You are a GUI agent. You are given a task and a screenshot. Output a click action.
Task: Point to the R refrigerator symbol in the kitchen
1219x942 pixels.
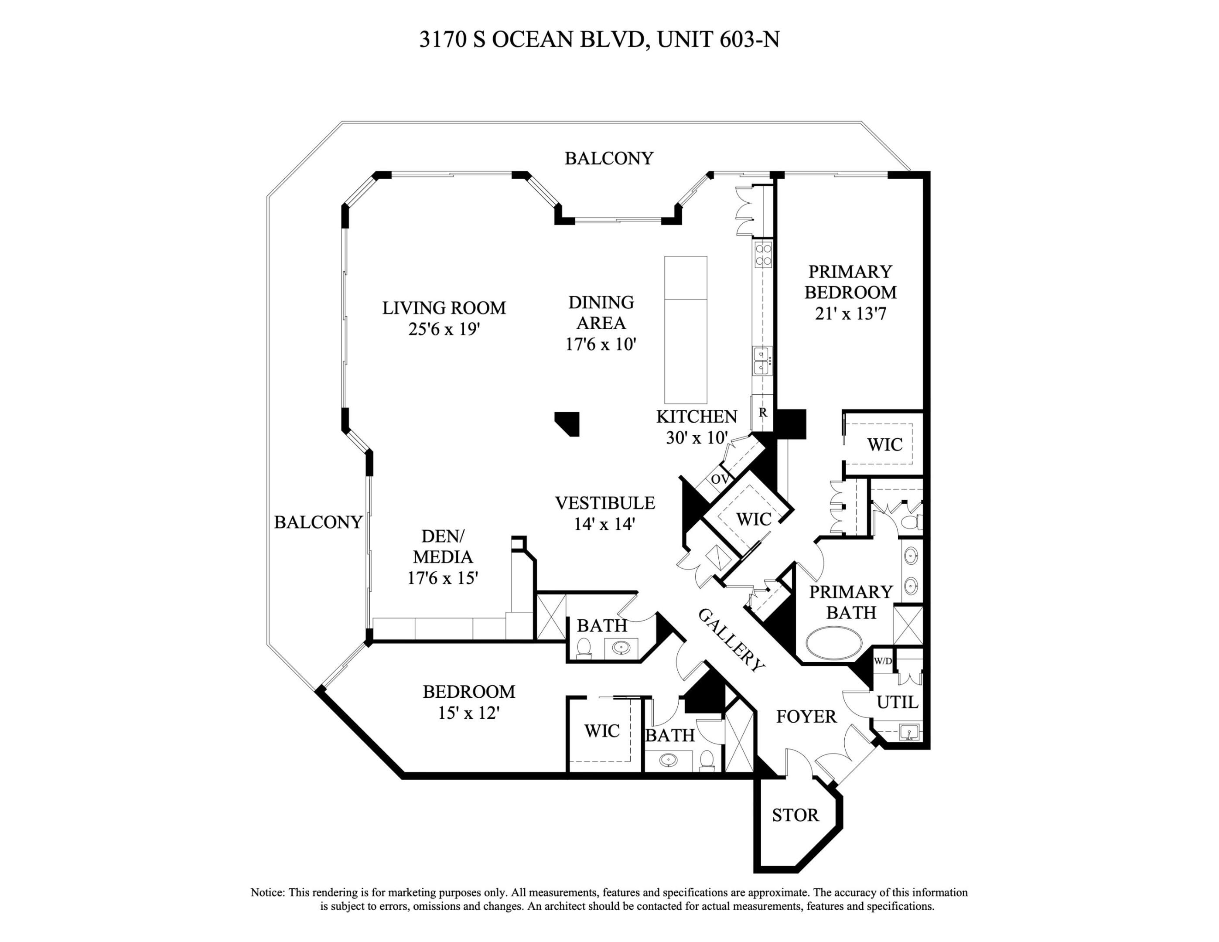tap(762, 413)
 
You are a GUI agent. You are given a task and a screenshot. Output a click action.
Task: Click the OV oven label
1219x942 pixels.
tap(720, 479)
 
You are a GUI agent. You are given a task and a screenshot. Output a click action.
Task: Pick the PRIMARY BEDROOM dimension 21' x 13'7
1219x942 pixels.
tap(850, 314)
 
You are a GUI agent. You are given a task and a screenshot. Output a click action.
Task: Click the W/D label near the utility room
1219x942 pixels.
tap(882, 661)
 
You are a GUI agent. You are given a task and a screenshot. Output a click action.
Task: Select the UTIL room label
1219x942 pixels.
tap(897, 702)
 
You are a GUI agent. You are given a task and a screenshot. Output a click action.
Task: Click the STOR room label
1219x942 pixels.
tap(796, 816)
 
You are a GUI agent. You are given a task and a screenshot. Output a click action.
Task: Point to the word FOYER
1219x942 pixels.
tap(806, 717)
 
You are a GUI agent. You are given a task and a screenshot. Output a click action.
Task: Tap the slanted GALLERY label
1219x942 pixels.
tap(731, 640)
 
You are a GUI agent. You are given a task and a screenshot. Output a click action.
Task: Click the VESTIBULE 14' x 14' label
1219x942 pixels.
tap(604, 513)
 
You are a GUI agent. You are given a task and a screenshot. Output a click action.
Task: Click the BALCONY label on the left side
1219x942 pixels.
tap(318, 522)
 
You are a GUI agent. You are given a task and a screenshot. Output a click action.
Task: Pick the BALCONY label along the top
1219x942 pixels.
tap(608, 158)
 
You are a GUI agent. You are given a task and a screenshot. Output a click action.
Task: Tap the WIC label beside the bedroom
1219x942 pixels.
tap(602, 730)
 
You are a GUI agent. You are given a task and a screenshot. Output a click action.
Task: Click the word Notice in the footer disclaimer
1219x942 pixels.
tap(267, 892)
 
